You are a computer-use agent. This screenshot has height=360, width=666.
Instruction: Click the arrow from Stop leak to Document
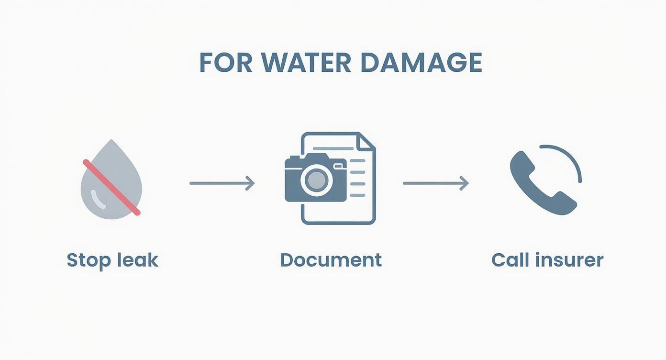tap(222, 183)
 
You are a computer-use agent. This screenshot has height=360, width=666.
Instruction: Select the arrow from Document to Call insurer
tap(435, 183)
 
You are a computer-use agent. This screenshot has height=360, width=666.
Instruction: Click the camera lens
tap(315, 180)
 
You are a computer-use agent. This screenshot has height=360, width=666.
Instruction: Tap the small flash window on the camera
tap(339, 166)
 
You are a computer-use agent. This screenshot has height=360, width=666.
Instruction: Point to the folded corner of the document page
tap(367, 142)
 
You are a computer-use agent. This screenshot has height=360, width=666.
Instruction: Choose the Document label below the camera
tap(331, 260)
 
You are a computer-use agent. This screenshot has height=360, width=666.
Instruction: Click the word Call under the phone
tap(508, 260)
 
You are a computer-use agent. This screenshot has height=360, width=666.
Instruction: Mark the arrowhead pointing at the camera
tap(250, 183)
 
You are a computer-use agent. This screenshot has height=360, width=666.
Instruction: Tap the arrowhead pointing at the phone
tap(464, 183)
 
